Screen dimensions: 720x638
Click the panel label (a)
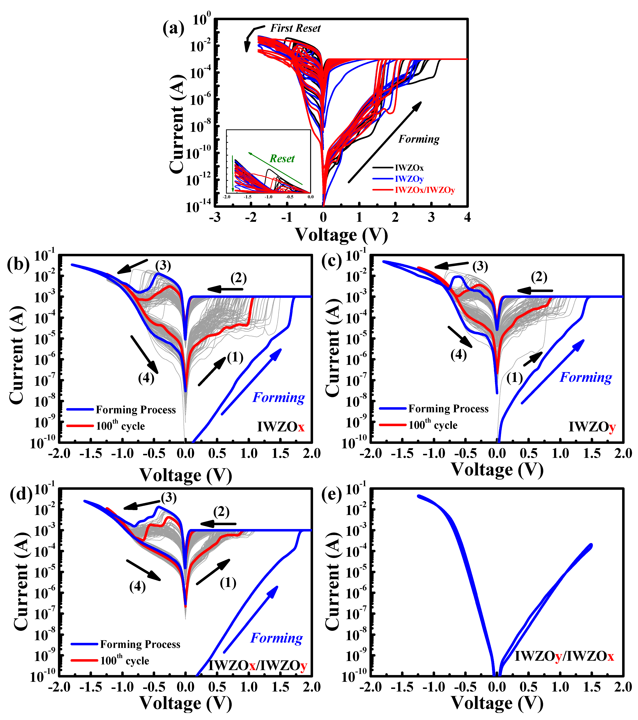(x=173, y=28)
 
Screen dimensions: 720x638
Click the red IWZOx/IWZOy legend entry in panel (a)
(x=424, y=190)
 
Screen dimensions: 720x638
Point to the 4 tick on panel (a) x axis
(x=467, y=217)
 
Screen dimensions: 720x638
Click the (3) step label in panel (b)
(x=163, y=266)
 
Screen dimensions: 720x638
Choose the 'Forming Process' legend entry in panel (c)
(x=448, y=409)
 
